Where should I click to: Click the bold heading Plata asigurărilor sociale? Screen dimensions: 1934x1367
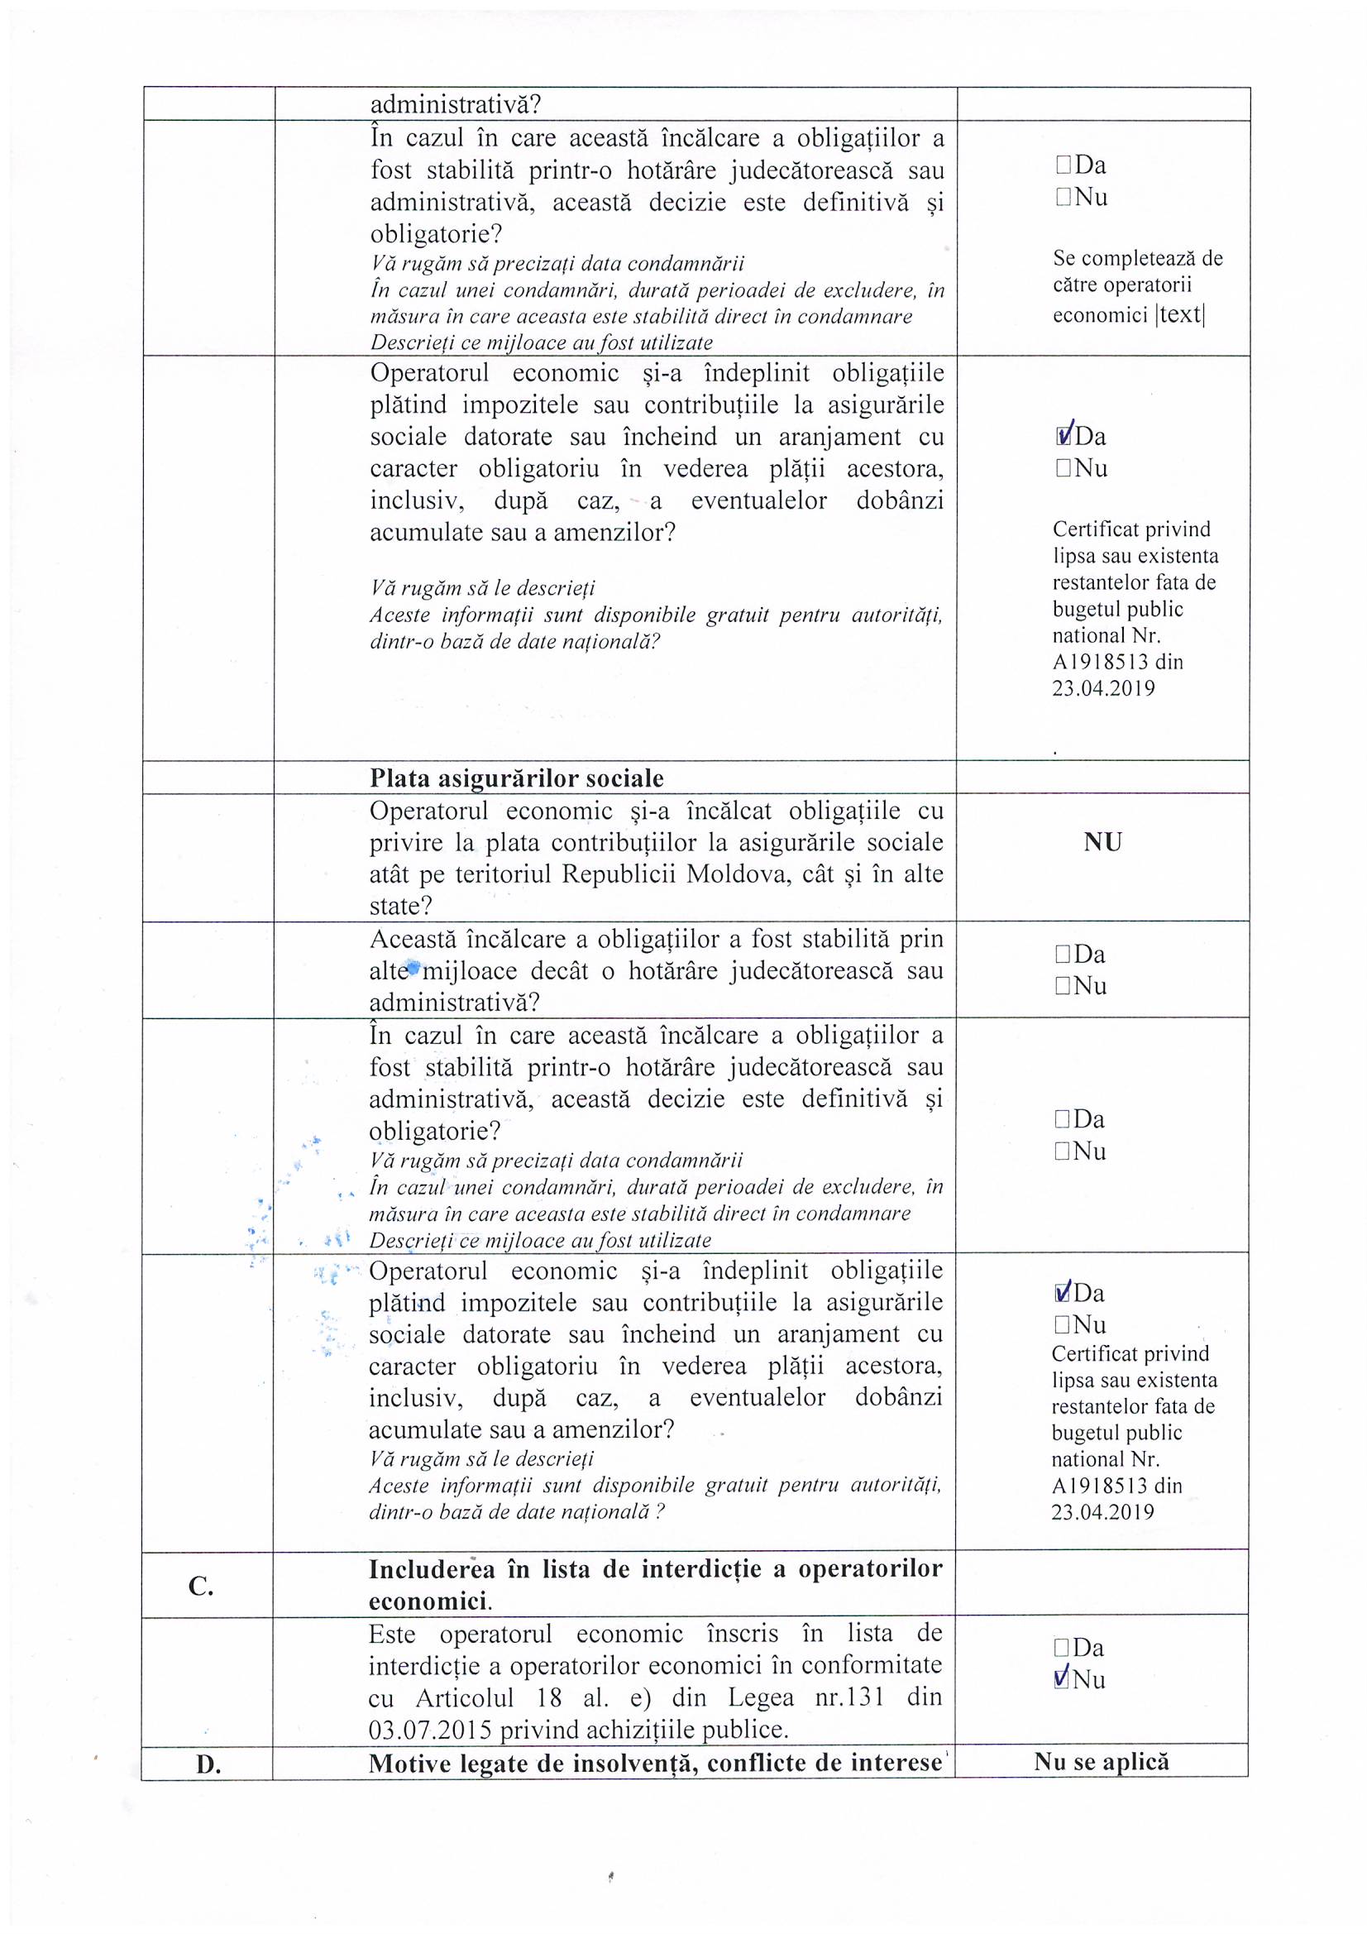point(516,778)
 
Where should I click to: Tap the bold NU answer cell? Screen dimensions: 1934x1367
point(1102,842)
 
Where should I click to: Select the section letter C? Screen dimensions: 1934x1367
point(201,1587)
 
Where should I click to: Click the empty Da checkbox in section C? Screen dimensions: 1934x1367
point(1061,1648)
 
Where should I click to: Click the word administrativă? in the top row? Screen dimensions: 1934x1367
point(456,105)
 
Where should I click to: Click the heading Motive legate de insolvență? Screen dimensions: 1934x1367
point(654,1763)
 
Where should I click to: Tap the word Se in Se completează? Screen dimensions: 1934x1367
point(1063,259)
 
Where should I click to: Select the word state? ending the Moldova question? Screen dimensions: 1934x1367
point(401,907)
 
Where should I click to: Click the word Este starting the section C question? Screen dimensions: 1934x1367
point(392,1634)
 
